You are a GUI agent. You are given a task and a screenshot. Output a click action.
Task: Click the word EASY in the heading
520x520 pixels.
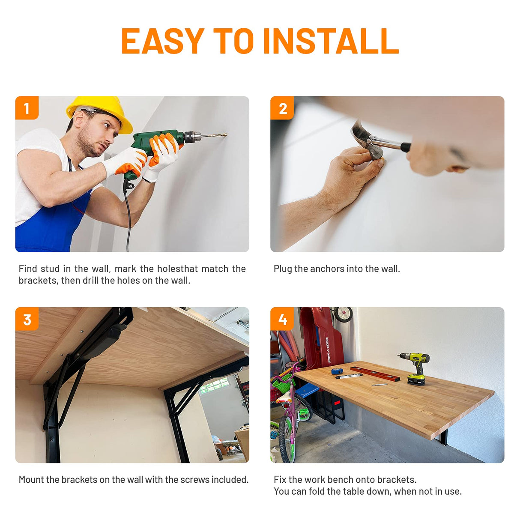(x=163, y=41)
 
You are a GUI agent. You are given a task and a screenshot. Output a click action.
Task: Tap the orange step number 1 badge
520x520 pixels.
(x=27, y=108)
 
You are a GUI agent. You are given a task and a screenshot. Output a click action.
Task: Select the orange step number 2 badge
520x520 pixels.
(x=282, y=108)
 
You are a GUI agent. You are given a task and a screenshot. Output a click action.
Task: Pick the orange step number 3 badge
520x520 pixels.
(x=27, y=319)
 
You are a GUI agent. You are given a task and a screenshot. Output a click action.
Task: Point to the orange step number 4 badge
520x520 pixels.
(x=282, y=319)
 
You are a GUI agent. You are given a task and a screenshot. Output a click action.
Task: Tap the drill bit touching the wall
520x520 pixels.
(x=214, y=135)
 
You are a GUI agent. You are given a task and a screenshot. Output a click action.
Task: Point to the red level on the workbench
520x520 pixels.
(x=375, y=374)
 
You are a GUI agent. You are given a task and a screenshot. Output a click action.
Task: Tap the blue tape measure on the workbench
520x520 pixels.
(x=337, y=371)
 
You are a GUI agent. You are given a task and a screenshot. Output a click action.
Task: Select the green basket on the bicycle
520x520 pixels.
(x=282, y=382)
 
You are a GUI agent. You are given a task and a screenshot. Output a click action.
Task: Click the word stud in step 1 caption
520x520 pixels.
(x=50, y=269)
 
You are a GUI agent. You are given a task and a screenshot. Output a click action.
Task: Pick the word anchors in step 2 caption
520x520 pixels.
(x=327, y=269)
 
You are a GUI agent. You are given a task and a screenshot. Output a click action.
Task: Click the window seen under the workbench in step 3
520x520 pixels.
(x=214, y=385)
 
